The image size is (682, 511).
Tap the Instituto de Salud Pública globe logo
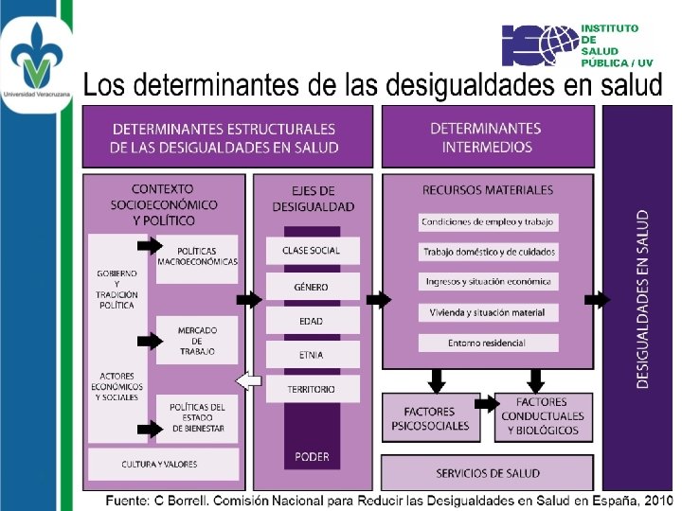pyautogui.click(x=539, y=44)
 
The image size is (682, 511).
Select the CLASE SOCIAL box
pyautogui.click(x=312, y=251)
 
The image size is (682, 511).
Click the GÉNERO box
pyautogui.click(x=312, y=286)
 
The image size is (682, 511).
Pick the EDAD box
pyautogui.click(x=312, y=321)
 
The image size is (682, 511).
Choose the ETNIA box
pyautogui.click(x=312, y=355)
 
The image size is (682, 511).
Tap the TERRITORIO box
pyautogui.click(x=312, y=389)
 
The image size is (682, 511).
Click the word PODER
pyautogui.click(x=312, y=456)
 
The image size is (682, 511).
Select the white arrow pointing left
pyautogui.click(x=248, y=381)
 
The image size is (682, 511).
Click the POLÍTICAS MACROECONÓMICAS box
pyautogui.click(x=197, y=255)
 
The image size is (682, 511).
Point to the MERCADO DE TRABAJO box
pyautogui.click(x=197, y=341)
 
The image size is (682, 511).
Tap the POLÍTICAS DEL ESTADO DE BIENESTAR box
pyautogui.click(x=197, y=417)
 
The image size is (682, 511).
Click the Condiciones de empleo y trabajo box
pyautogui.click(x=488, y=222)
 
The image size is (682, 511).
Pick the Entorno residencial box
pyautogui.click(x=488, y=342)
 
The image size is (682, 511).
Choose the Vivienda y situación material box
pyautogui.click(x=488, y=311)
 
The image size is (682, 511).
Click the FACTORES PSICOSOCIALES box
pyautogui.click(x=430, y=418)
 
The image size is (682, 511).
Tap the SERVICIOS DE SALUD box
pyautogui.click(x=487, y=472)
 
